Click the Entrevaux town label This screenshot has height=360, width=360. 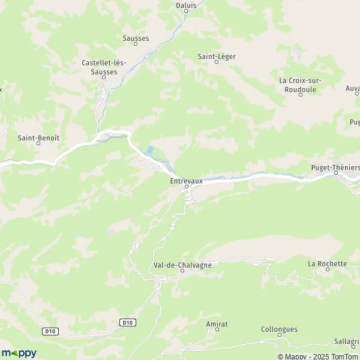(186, 179)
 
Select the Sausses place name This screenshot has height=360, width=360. (136, 38)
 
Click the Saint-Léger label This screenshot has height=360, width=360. (217, 56)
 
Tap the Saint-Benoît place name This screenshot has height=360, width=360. (38, 137)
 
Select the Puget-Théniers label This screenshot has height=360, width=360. (336, 167)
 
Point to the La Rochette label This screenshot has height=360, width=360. (328, 263)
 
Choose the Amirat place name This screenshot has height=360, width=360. (217, 323)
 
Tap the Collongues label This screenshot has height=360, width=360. (279, 329)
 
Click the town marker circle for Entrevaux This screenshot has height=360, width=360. (186, 187)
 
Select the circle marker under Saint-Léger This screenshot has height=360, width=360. (217, 62)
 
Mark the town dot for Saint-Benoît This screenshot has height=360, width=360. (38, 144)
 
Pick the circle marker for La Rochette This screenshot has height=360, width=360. (328, 270)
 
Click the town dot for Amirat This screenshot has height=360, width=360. (217, 330)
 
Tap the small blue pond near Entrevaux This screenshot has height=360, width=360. (150, 150)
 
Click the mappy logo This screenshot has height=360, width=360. (19, 353)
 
